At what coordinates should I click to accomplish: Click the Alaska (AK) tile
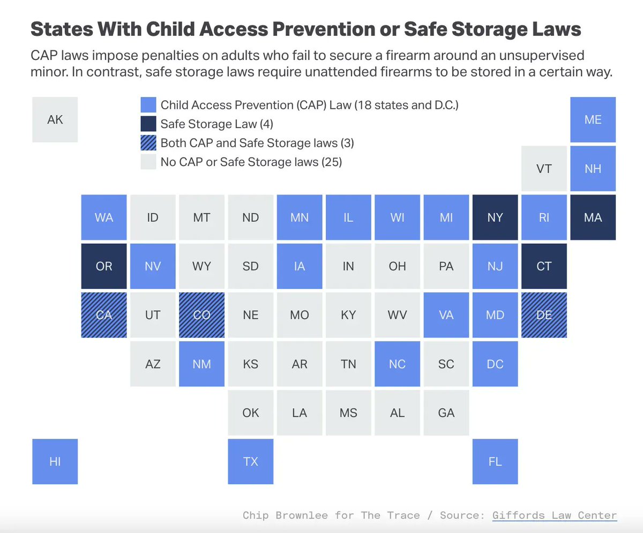[x=55, y=119]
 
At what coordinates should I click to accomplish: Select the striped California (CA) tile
[x=104, y=315]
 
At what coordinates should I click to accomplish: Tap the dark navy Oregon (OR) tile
[x=104, y=266]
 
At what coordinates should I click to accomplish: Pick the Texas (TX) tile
[x=250, y=461]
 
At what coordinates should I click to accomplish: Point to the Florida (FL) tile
[x=495, y=461]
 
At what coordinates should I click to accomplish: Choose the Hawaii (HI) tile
[x=55, y=461]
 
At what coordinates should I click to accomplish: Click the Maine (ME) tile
[x=593, y=119]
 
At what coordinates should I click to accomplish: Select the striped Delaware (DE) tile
[x=544, y=315]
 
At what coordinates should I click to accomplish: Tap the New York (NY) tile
[x=495, y=217]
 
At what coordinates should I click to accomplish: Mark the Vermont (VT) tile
[x=544, y=169]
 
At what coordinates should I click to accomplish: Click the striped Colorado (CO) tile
[x=201, y=315]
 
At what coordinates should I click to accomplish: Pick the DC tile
[x=495, y=364]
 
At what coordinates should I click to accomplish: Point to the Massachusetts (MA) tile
[x=593, y=217]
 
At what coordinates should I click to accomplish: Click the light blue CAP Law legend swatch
[x=148, y=105]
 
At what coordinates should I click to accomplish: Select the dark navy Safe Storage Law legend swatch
[x=148, y=124]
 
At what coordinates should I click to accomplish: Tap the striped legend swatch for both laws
[x=148, y=143]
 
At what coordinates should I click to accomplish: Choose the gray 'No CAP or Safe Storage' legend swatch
[x=148, y=162]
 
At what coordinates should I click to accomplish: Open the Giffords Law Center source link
[x=555, y=515]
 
